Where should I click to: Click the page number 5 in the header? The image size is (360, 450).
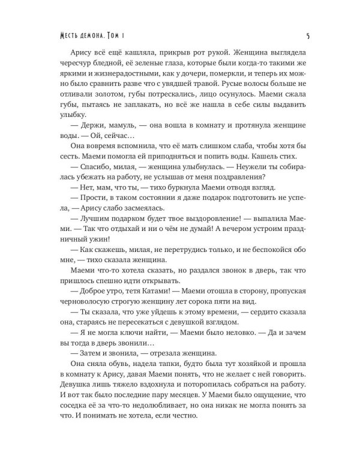click(x=307, y=35)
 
